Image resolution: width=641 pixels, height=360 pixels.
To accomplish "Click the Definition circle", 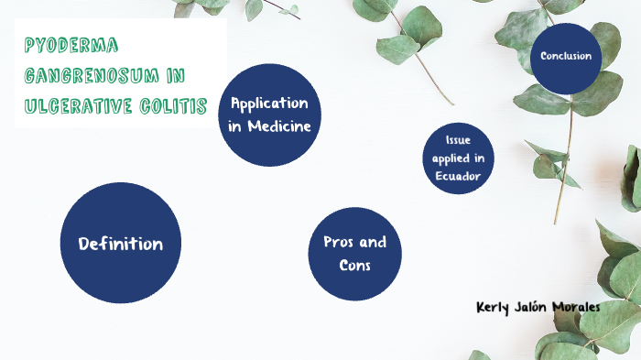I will click(x=121, y=243).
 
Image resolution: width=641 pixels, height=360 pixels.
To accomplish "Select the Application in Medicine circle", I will click(x=269, y=115).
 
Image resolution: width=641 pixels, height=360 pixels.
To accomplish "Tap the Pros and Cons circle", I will click(x=355, y=253).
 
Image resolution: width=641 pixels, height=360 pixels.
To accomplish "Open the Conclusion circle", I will click(x=566, y=57).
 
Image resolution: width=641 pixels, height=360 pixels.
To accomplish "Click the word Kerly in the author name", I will click(x=494, y=306).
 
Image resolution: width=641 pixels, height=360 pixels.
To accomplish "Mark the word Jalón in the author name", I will click(x=532, y=306).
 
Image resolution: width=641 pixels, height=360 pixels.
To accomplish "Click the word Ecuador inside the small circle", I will click(x=458, y=175).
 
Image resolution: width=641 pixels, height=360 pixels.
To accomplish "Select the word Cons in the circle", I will click(x=355, y=265).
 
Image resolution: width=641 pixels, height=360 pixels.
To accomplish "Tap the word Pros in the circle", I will click(x=339, y=242).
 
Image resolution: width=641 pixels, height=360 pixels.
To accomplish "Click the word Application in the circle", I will click(x=269, y=103).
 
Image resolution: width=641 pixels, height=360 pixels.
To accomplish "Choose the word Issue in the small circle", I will click(x=458, y=140).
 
